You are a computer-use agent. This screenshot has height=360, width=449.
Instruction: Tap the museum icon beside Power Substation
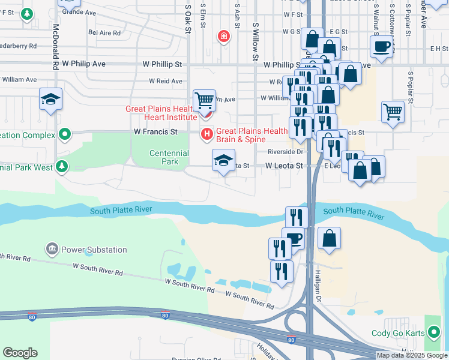point(52,249)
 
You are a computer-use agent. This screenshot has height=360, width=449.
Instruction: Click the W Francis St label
point(155,131)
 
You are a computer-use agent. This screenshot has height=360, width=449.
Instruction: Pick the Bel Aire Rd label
point(104,33)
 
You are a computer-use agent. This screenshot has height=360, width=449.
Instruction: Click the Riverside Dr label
point(286,152)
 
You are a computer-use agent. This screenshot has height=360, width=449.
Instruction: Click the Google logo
point(20,353)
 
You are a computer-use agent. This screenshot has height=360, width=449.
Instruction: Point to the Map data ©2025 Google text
point(412,355)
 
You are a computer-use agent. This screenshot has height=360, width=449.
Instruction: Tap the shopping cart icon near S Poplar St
point(392,111)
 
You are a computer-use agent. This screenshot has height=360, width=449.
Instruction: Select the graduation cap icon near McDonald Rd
point(51,100)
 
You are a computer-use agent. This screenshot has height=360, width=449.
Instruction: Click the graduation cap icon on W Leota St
point(223,161)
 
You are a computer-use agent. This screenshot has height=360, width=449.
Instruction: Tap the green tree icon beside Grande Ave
point(26,14)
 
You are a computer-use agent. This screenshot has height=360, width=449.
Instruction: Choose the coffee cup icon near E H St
point(382,46)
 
